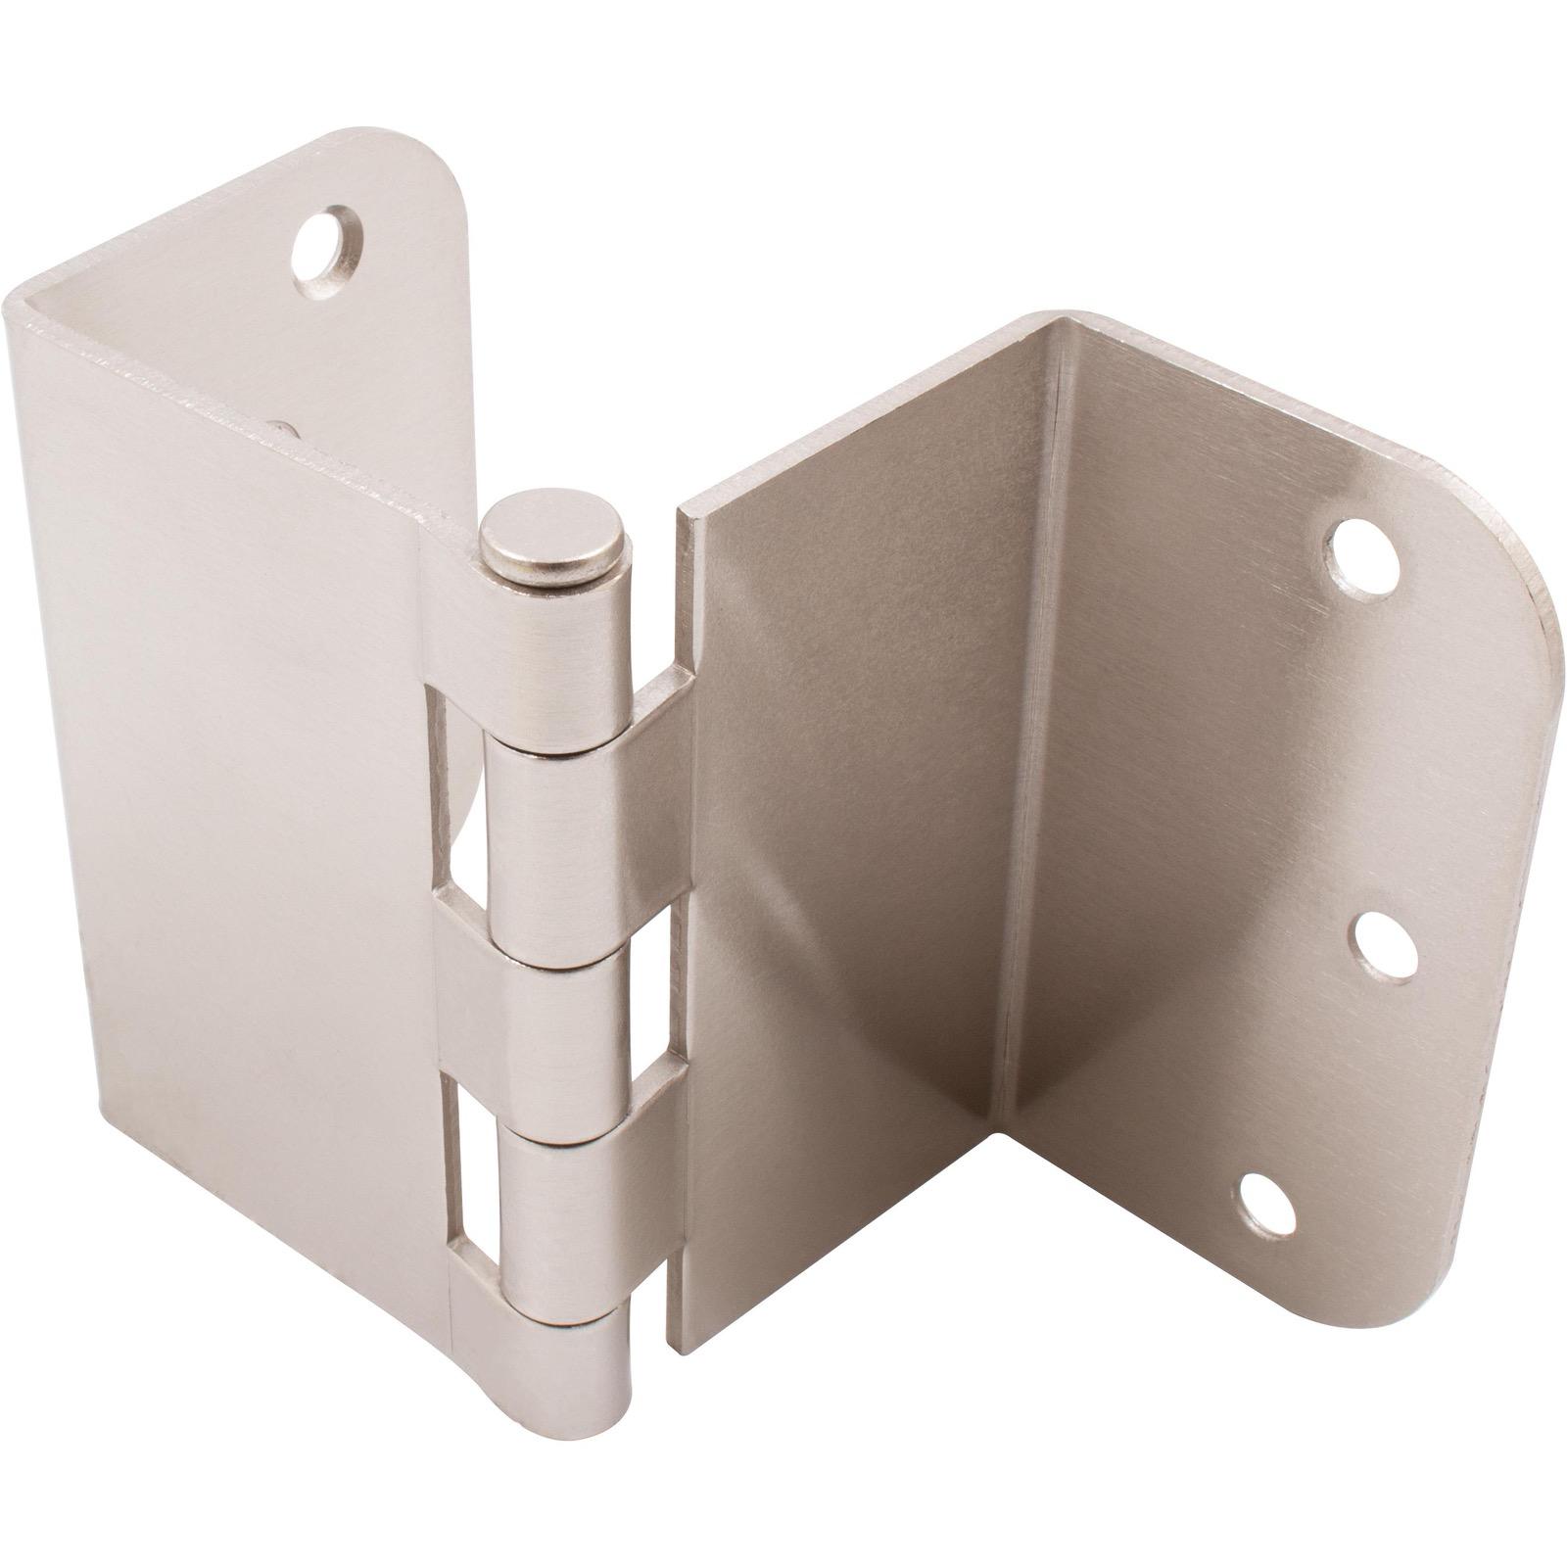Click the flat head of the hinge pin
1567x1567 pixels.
pyautogui.click(x=555, y=535)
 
